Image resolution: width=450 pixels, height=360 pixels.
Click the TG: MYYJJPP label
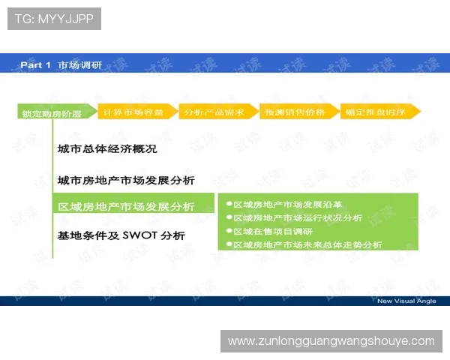54,19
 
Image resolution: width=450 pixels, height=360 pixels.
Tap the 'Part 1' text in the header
35,65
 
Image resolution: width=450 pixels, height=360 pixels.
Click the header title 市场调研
80,65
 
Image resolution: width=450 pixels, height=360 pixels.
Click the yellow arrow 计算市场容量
133,112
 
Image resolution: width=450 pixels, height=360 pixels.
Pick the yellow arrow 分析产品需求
214,112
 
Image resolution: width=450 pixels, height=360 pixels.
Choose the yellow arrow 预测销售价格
295,112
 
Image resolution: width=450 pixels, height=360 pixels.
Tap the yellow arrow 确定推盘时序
376,112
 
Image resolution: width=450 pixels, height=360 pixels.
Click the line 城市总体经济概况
107,149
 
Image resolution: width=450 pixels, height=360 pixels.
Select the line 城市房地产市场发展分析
126,181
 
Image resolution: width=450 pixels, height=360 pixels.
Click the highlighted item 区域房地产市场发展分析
126,206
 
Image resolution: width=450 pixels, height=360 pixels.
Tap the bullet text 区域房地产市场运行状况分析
298,217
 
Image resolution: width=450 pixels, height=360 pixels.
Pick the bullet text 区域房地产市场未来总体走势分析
307,244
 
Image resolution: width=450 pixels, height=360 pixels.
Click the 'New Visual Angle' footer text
406,301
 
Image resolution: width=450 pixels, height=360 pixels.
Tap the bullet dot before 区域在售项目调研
229,231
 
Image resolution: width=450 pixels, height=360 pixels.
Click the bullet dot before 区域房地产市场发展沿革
229,204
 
